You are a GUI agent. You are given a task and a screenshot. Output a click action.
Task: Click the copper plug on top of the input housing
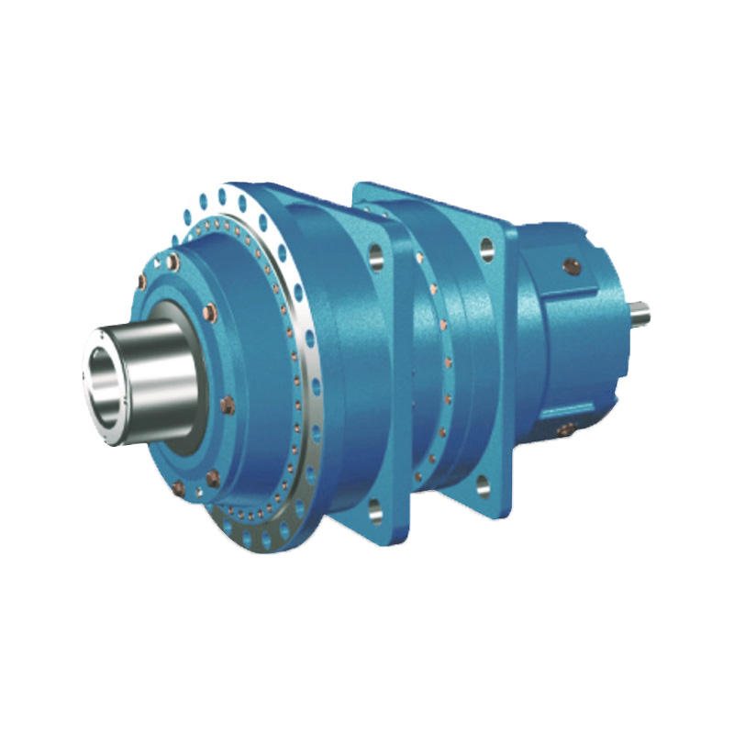point(571,267)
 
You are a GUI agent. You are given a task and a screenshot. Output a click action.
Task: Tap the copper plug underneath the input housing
point(566,428)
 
